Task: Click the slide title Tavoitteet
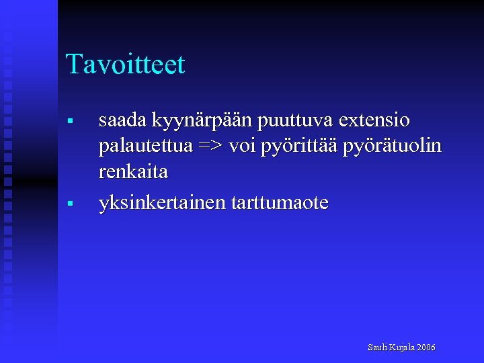click(125, 65)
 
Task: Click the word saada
click(122, 121)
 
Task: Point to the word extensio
click(375, 121)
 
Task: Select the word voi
click(241, 147)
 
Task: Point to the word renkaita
click(133, 172)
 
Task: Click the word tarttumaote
click(280, 203)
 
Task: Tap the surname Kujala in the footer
click(401, 348)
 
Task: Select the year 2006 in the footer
click(426, 348)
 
